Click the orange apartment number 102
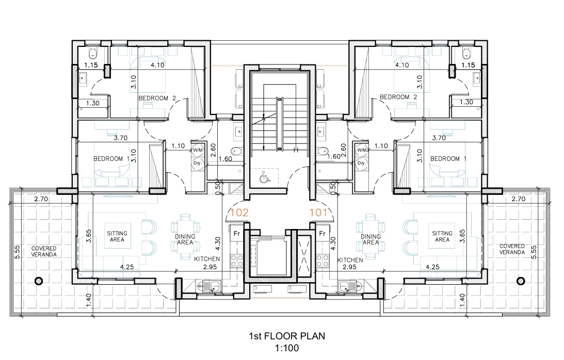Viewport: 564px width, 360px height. (239, 212)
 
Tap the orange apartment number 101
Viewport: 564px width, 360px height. (318, 212)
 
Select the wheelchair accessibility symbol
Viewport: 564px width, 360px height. (264, 177)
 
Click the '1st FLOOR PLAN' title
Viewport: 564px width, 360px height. (287, 336)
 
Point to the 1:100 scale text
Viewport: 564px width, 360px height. (287, 348)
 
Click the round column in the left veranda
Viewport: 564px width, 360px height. (39, 281)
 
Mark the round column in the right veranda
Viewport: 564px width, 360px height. (521, 281)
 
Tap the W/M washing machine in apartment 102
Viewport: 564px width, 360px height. (198, 150)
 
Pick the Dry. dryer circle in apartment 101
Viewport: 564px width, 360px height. (362, 163)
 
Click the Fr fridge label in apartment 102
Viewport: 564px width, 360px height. (237, 234)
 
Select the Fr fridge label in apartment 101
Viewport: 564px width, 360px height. (323, 234)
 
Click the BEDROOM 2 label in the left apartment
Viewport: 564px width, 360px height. (157, 98)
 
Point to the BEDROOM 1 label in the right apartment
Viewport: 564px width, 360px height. (445, 159)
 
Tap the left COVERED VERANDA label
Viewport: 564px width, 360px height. (44, 251)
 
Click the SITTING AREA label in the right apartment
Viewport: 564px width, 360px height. (442, 236)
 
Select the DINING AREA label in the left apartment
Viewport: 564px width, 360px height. (185, 239)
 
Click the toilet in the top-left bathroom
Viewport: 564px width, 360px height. (93, 53)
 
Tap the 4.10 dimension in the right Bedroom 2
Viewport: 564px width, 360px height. (402, 65)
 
